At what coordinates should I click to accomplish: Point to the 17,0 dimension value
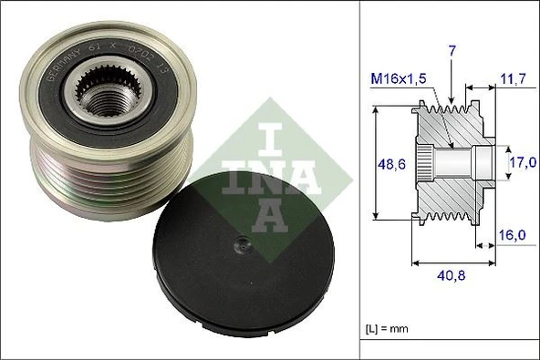point(521,164)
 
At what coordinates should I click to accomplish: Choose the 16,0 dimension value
point(514,235)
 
